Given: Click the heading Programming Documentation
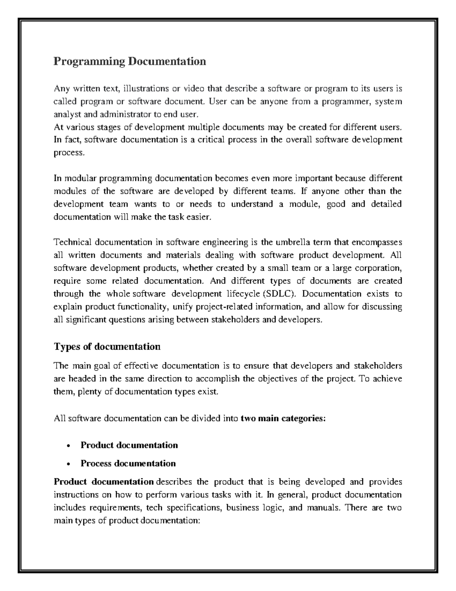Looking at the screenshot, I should [x=130, y=61].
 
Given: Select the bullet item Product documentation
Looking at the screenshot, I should [x=129, y=445].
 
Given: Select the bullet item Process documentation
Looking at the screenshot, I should [x=128, y=464].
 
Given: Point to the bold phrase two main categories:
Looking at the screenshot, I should [x=283, y=419].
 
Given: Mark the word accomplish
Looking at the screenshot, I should [x=215, y=379].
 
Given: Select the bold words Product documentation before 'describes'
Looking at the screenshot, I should [x=103, y=482].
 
